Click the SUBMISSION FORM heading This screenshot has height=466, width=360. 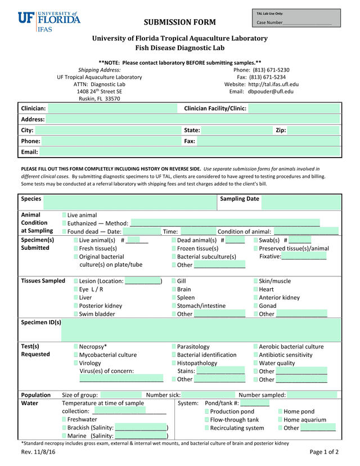179,23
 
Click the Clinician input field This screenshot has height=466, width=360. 112,108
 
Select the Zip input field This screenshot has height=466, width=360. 313,130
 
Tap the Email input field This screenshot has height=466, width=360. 190,152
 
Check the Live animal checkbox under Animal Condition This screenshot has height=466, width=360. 65,215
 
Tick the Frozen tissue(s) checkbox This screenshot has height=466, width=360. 174,248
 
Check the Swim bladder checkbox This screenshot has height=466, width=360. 76,314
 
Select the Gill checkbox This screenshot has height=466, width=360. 174,281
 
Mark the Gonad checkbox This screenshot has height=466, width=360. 256,306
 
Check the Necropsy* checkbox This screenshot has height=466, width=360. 76,347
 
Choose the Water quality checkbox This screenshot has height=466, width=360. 256,363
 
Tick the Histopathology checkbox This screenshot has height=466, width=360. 174,363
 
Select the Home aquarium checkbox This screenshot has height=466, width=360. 281,420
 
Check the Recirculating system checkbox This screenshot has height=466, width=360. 207,428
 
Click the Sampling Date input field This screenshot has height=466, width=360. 301,202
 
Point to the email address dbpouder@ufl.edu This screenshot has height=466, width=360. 271,91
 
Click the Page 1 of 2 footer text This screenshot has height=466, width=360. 324,452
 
